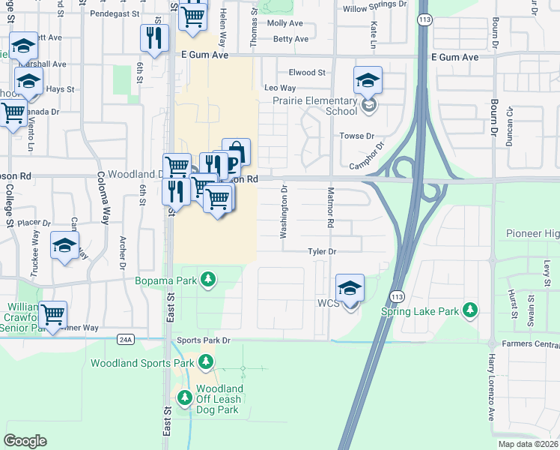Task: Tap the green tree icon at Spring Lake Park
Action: pos(469,310)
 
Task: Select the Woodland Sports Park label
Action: pos(142,364)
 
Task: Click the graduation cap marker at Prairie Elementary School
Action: pos(368,80)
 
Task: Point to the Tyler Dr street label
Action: pos(323,252)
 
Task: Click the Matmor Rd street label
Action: pos(329,208)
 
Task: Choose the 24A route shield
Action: pos(125,339)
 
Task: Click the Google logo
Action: pos(25,440)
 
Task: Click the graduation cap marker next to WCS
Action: pos(350,288)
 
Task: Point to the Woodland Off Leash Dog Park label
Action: pos(219,399)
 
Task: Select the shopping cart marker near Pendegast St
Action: pos(194,16)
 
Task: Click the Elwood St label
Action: pos(307,73)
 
